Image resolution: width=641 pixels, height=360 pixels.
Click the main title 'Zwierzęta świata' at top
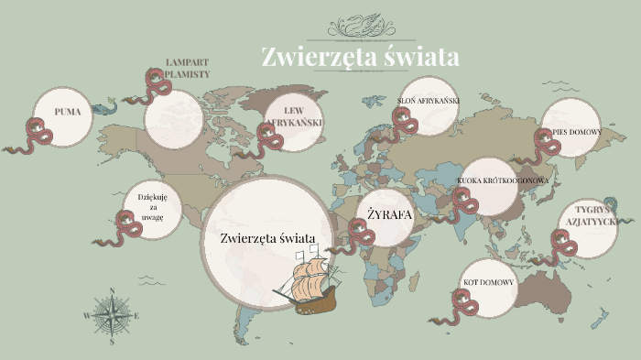(x=359, y=57)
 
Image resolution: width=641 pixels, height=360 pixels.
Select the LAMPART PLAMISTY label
(x=188, y=68)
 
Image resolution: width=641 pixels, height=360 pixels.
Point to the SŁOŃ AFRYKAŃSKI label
(x=428, y=100)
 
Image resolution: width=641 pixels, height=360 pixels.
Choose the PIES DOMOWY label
(x=576, y=132)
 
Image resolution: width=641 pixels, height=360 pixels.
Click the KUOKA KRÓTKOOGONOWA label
(x=503, y=180)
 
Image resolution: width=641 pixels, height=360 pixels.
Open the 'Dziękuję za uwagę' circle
(x=152, y=203)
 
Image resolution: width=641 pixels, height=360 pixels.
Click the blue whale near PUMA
(x=106, y=106)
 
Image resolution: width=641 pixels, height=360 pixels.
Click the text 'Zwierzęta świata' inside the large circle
(x=267, y=238)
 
